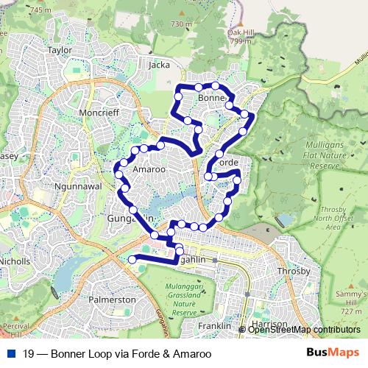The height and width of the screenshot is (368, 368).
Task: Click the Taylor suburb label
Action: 60,50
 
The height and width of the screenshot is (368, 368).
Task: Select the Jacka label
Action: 159,65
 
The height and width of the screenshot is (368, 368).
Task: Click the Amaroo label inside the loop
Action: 148,169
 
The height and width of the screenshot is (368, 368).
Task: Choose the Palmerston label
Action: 112,300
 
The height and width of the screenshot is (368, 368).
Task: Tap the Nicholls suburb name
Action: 15,261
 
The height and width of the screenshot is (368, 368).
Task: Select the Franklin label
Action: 214,325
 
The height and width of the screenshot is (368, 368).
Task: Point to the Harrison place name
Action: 269,324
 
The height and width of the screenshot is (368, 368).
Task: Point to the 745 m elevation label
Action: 41,10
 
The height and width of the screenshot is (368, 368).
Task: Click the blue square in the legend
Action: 11,353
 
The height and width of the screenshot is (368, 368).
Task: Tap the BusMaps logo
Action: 333,353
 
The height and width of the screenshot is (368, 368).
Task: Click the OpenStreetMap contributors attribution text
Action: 304,330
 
